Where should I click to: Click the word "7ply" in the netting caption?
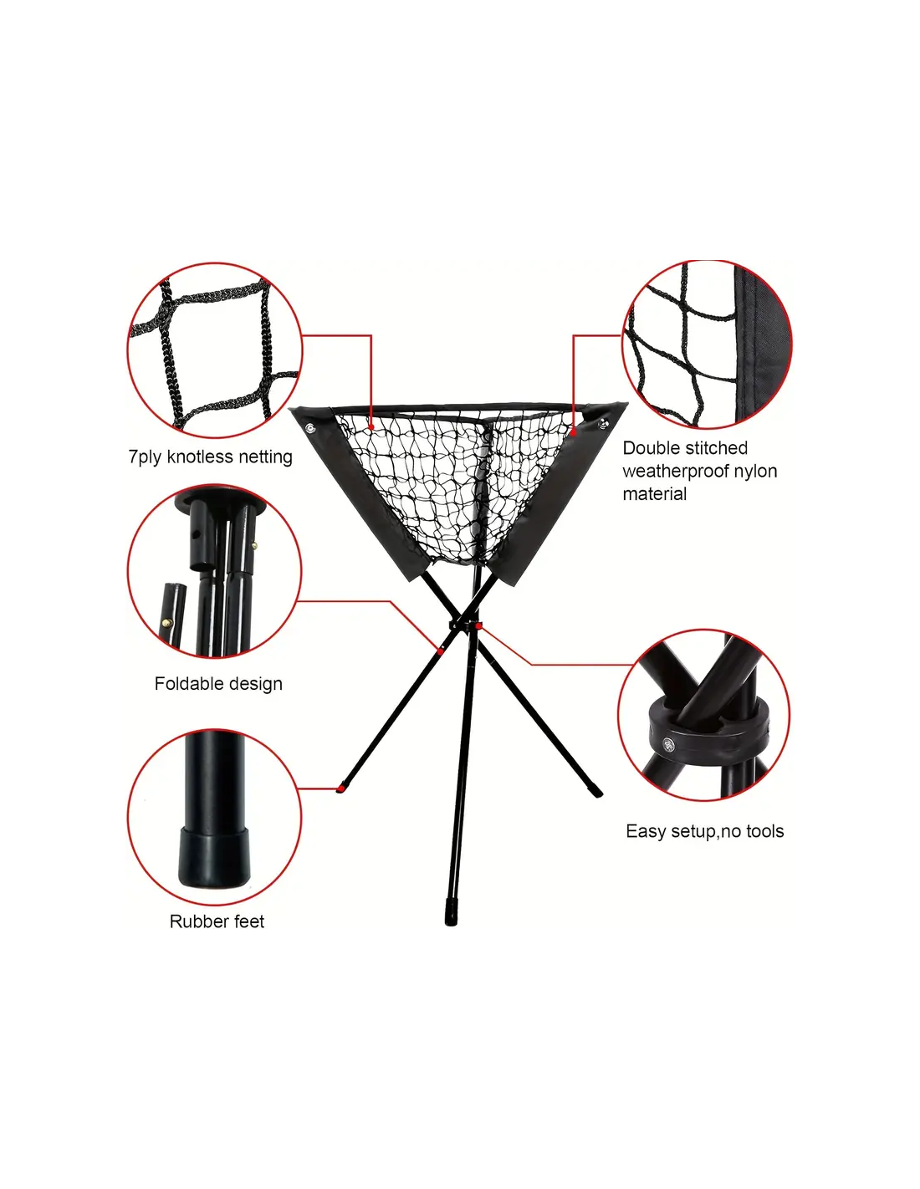145,457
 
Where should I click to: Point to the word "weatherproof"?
675,471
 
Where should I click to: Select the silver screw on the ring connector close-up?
669,744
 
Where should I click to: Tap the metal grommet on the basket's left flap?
310,427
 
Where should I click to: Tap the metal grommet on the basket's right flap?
603,422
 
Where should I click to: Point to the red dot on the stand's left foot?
341,788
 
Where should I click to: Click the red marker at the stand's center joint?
479,625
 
